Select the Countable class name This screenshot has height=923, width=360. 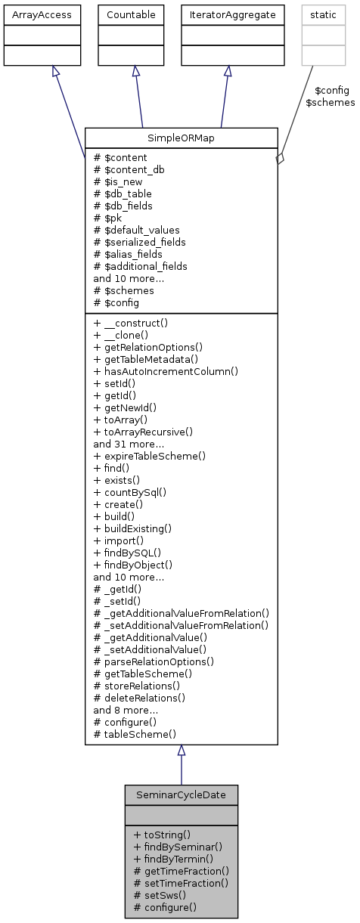coord(136,14)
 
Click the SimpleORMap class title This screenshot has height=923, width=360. coord(182,138)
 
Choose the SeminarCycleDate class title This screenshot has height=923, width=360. coord(182,795)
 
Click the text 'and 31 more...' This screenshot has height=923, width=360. coord(126,444)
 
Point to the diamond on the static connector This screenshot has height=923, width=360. coord(279,159)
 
